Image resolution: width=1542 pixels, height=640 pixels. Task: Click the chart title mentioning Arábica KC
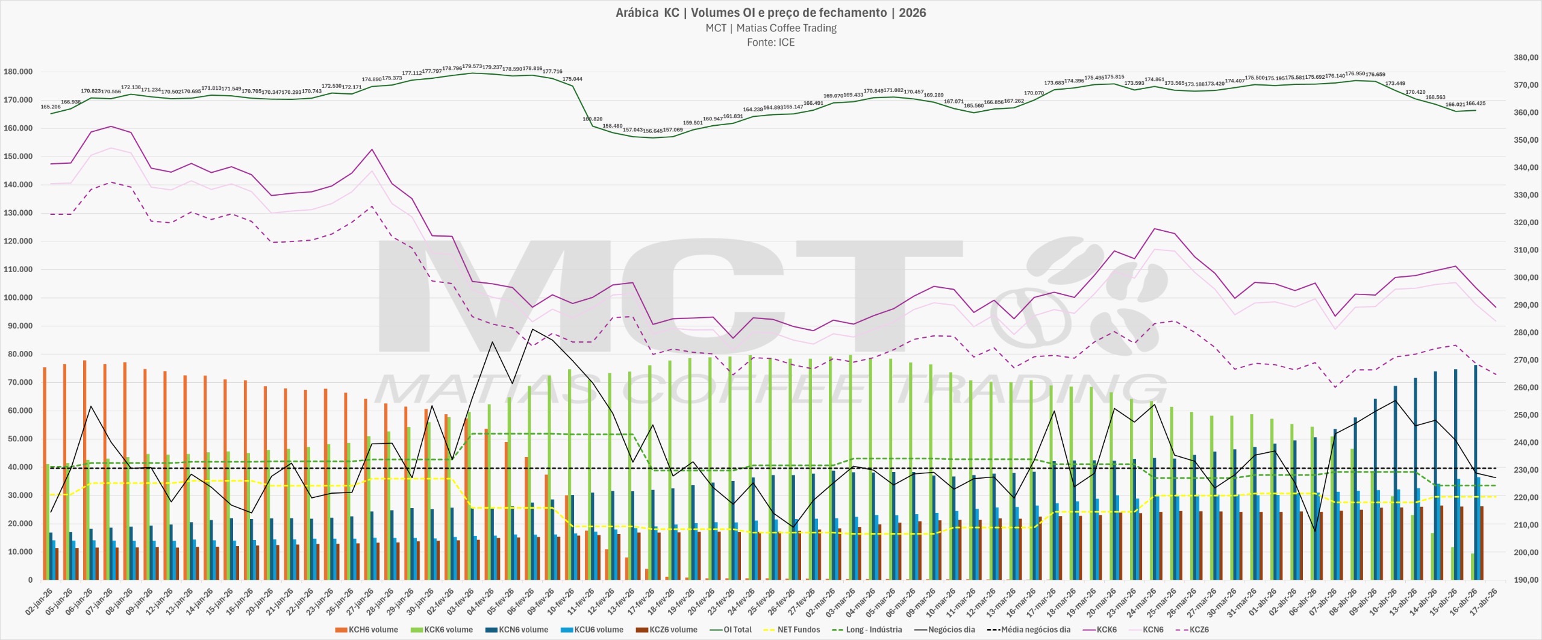coord(770,13)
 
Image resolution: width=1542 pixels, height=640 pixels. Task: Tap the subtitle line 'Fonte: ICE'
coord(770,42)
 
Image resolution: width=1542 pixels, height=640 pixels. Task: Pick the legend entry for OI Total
coord(731,630)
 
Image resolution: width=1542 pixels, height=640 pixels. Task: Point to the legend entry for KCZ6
coord(1193,630)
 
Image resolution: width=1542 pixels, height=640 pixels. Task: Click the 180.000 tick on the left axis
coord(18,72)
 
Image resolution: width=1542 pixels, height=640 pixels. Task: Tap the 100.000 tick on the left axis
coord(18,297)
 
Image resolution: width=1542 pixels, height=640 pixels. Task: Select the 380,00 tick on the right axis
coord(1526,57)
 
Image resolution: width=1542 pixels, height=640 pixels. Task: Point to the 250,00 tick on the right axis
coord(1526,415)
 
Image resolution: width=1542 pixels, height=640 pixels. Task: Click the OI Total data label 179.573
coord(472,66)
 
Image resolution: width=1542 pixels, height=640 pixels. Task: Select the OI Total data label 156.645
coord(652,131)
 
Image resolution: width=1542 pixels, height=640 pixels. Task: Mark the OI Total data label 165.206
coord(51,107)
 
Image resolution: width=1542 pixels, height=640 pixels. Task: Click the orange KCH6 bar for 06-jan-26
coord(85,470)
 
